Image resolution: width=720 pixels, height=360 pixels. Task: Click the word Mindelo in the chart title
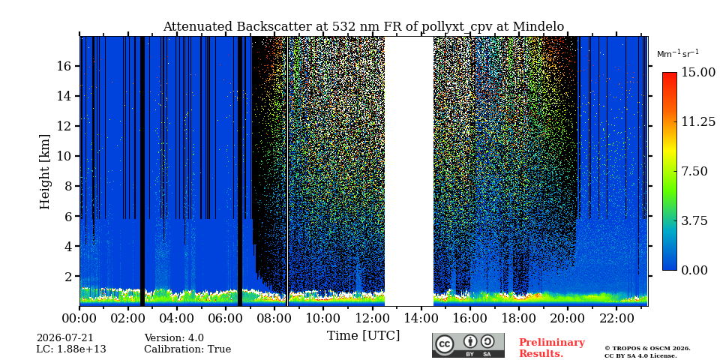538,27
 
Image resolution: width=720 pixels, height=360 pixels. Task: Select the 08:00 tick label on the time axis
274,318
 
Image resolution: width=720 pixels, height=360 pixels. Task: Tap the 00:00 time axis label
79,318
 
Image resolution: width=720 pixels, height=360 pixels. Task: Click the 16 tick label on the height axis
64,66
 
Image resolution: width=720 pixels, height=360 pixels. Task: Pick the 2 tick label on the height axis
68,277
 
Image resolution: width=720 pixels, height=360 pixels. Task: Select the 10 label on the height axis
64,156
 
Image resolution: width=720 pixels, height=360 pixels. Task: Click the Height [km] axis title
44,172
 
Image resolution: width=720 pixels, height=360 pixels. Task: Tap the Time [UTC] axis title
363,336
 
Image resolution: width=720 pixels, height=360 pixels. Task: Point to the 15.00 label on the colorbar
698,73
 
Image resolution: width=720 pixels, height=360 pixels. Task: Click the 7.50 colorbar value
694,171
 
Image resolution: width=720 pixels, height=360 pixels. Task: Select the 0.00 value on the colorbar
694,271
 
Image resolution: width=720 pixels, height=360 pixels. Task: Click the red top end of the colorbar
670,74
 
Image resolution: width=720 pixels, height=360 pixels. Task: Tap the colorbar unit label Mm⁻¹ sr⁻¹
678,54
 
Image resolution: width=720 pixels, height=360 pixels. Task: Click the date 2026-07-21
64,338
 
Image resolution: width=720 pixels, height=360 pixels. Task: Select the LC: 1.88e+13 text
71,349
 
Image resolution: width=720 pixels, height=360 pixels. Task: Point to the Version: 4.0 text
174,338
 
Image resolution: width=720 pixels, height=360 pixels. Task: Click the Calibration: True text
187,349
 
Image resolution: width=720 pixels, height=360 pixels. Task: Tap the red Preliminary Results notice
552,348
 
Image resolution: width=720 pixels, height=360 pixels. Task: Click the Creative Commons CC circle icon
445,344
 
